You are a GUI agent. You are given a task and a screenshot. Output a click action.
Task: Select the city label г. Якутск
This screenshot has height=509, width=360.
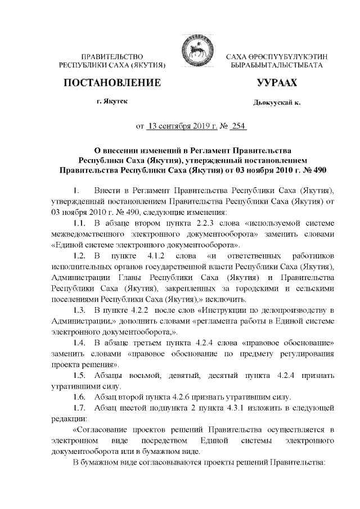point(112,102)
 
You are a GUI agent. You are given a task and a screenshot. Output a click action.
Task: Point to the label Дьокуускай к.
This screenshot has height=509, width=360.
point(277,103)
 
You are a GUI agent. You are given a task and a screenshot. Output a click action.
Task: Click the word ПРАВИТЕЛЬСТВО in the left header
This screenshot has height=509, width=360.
point(113,56)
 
